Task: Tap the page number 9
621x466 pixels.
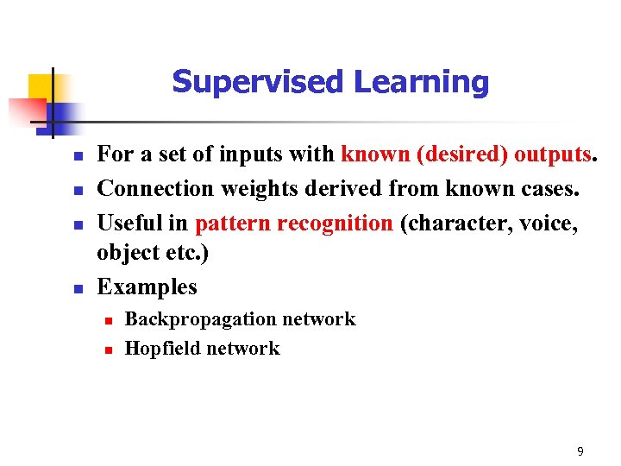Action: point(580,451)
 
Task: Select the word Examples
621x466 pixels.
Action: point(147,287)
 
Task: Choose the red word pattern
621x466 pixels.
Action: point(235,224)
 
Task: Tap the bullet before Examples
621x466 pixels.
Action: point(77,288)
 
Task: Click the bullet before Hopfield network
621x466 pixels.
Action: point(107,349)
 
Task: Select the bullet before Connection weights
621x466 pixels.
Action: point(77,190)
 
